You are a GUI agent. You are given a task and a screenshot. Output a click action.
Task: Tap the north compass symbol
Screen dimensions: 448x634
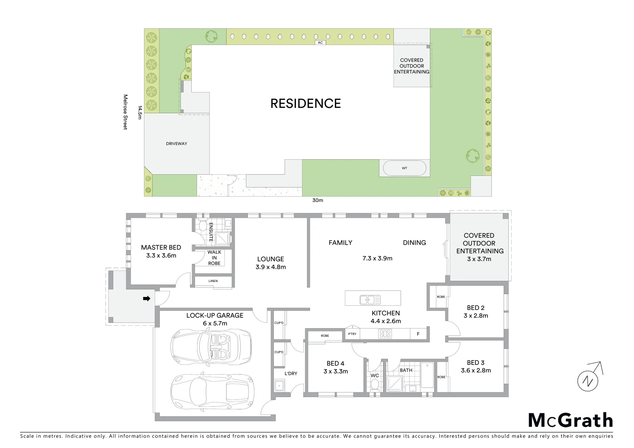tap(588, 379)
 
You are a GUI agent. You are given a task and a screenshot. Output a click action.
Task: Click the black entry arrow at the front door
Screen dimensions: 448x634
tap(146, 298)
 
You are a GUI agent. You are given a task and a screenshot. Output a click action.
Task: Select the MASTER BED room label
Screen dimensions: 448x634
tap(161, 248)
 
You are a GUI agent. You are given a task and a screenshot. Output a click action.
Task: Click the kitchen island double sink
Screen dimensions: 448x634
tap(367, 299)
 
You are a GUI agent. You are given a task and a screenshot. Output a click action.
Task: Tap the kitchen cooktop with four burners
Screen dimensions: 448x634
tap(385, 334)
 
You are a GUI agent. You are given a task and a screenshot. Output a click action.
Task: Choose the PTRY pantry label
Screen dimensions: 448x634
tap(352, 334)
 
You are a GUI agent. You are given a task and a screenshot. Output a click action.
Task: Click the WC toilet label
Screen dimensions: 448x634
tap(375, 375)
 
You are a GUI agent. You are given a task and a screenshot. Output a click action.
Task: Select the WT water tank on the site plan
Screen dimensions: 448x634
tap(404, 168)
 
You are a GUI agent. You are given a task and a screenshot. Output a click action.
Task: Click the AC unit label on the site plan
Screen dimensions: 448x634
tap(319, 42)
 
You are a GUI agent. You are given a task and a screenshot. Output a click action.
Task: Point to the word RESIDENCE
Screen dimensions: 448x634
tap(305, 104)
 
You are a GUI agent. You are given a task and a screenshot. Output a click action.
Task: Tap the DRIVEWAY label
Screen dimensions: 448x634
tap(176, 144)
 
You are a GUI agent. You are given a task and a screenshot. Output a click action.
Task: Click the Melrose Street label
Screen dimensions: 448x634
tap(125, 112)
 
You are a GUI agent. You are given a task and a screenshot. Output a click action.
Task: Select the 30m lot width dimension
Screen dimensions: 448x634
tap(317, 200)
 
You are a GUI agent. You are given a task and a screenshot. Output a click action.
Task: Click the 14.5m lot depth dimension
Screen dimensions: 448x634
tap(140, 112)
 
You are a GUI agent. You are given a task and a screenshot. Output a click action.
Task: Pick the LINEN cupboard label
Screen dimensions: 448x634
tap(213, 281)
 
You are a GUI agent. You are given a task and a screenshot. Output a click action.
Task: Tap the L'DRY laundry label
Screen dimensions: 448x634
tap(291, 373)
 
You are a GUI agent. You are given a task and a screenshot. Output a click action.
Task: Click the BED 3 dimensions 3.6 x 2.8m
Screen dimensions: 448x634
tap(475, 370)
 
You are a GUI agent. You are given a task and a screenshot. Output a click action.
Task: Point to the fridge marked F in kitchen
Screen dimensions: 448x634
tap(418, 334)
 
